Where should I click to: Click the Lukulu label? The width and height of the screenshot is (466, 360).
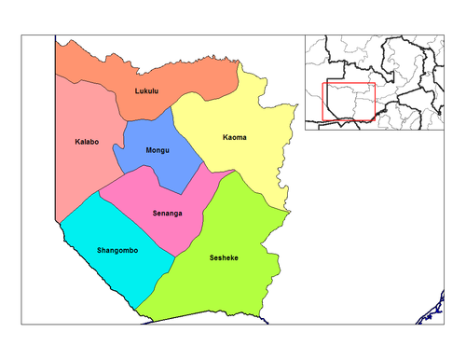[147, 91]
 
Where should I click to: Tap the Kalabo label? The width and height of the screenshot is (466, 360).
[88, 143]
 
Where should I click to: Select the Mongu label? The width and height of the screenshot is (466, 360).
[158, 150]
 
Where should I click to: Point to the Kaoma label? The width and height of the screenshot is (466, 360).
[235, 138]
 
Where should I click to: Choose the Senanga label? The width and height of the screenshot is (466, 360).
[167, 214]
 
